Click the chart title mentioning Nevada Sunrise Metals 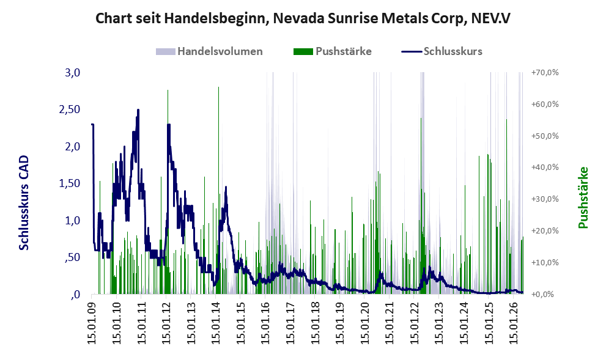point(303,18)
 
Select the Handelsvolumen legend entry point(209,51)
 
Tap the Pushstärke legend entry point(333,51)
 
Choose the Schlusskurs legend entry point(442,51)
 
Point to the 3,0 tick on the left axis point(72,73)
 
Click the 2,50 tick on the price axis point(70,109)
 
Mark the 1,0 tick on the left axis point(72,221)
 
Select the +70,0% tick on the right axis point(545,72)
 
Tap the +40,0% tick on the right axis point(545,167)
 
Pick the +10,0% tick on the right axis point(545,262)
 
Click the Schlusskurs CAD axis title point(24,203)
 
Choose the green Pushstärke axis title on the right point(583,197)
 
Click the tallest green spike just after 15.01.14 point(219,191)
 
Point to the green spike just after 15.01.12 point(168,192)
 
